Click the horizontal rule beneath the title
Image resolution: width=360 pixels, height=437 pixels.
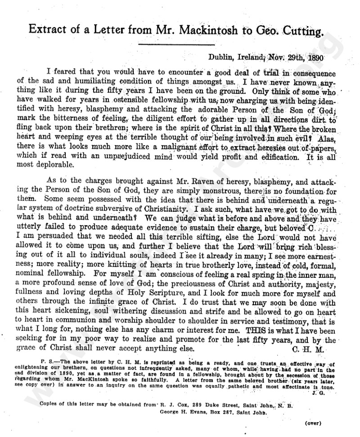[x=180, y=44]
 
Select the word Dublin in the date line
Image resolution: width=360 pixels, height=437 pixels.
[x=221, y=57]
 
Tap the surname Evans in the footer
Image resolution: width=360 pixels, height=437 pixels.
[x=203, y=412]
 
